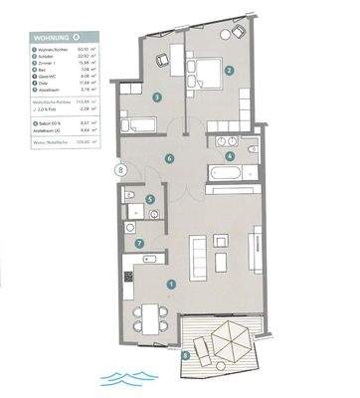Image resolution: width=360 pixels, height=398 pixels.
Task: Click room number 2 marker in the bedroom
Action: pos(229,70)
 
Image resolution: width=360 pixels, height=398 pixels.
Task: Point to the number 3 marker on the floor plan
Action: pos(157,97)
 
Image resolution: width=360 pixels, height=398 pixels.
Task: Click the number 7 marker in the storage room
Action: pos(139,243)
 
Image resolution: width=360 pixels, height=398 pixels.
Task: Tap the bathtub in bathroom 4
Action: pos(220,173)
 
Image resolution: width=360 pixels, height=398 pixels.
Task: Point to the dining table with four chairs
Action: pos(148,317)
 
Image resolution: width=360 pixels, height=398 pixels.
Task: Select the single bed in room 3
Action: pos(140,125)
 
